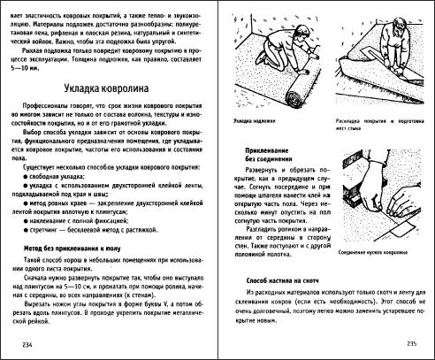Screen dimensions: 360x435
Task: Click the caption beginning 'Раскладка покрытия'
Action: [378, 117]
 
